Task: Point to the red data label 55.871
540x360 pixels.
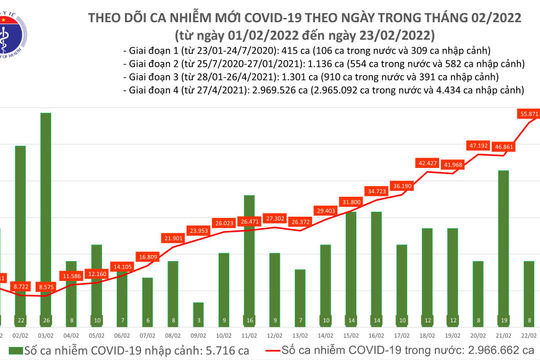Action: coord(526,114)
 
